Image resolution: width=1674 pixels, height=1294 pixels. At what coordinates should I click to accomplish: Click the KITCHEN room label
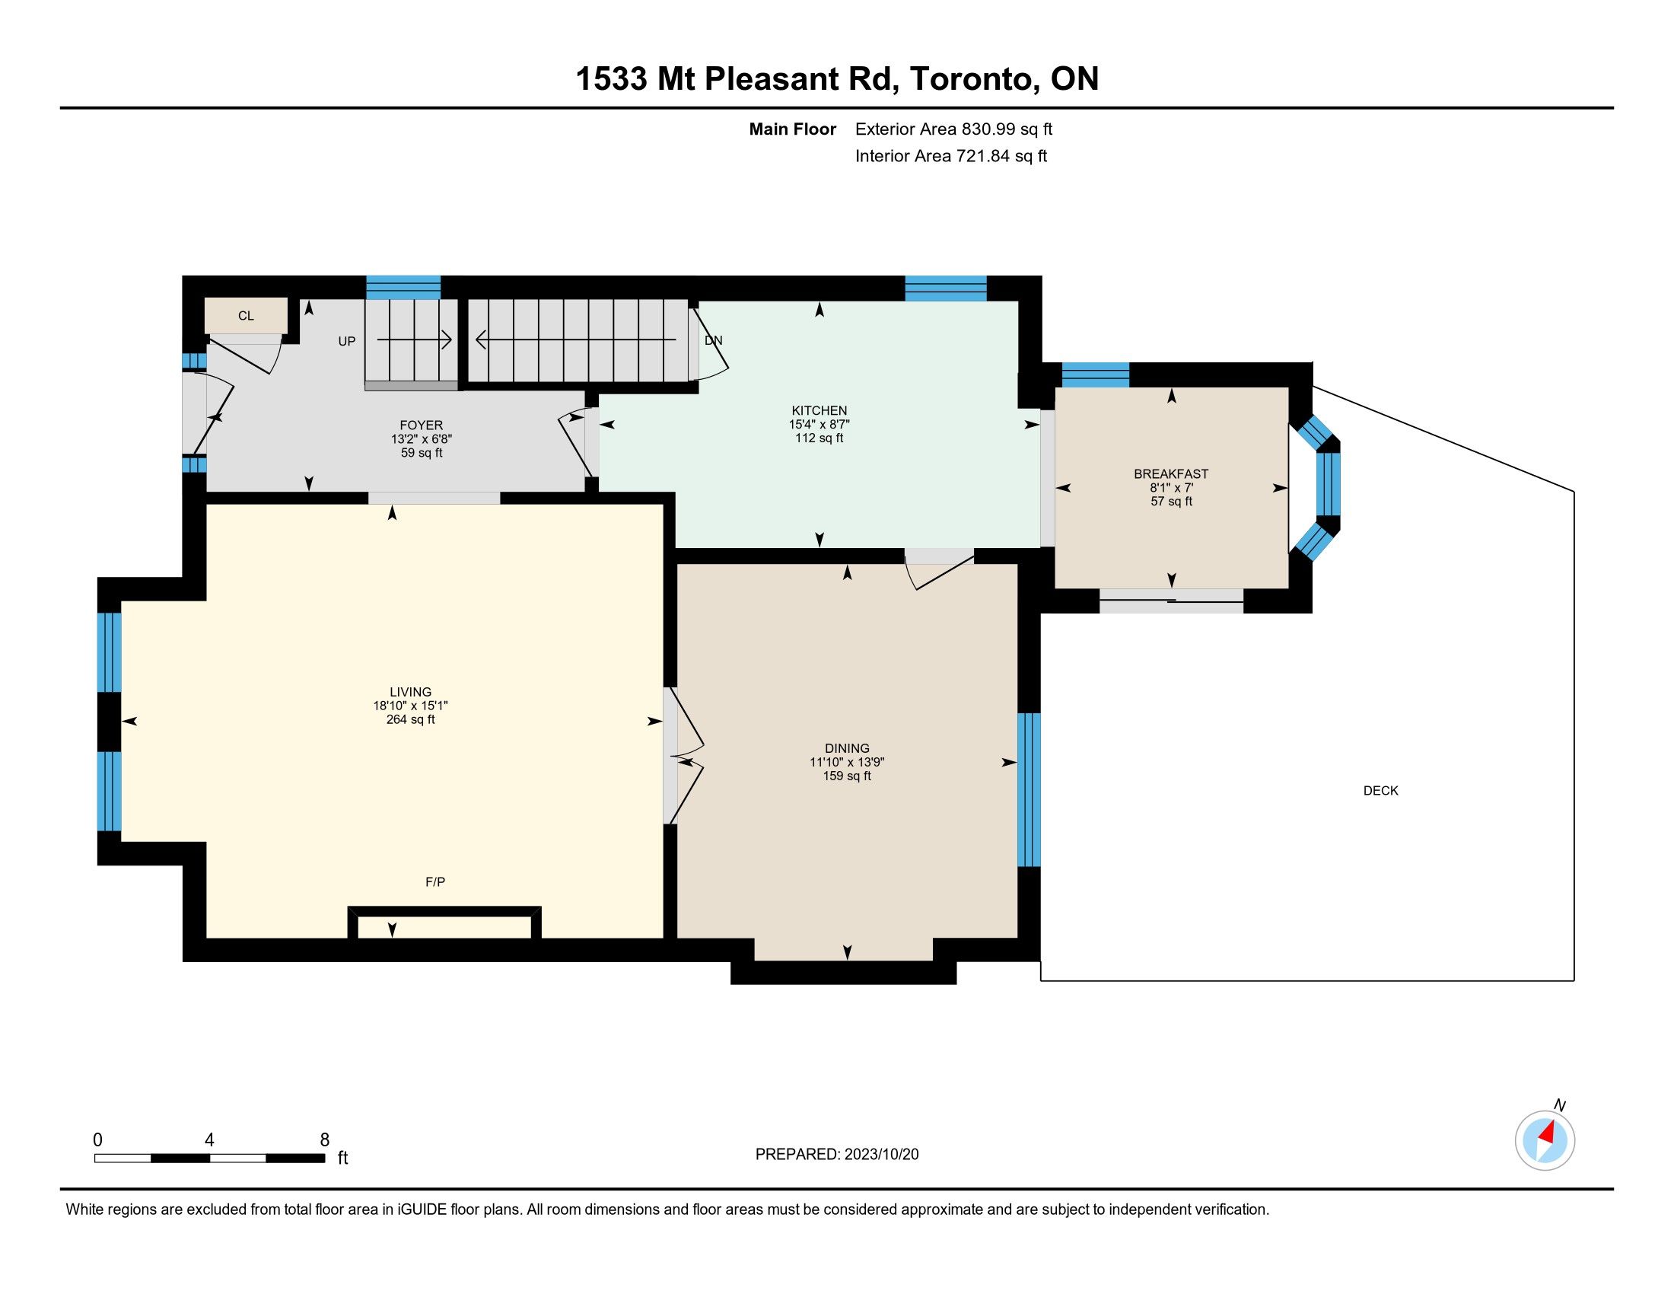819,411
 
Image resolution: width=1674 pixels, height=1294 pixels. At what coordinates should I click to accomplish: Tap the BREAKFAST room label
1171,474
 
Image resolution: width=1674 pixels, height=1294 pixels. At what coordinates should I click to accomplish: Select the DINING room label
847,749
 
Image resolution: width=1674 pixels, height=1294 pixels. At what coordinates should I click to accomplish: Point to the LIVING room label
411,692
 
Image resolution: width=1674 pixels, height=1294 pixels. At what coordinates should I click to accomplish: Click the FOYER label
422,425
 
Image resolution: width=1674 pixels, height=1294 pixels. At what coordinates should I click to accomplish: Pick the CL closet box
246,316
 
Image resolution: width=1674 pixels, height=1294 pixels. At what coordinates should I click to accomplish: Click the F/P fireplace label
435,882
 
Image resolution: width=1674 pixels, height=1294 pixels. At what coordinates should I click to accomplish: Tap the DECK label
1381,791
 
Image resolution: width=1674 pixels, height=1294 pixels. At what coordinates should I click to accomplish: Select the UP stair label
347,342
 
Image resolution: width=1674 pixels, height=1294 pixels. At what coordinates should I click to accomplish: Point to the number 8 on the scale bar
325,1140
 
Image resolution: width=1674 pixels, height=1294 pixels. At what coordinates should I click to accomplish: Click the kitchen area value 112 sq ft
819,438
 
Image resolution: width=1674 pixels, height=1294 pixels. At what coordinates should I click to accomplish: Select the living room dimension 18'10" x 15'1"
411,706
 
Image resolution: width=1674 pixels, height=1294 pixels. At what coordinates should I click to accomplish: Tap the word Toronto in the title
970,79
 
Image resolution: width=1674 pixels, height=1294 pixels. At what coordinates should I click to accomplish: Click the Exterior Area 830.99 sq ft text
953,129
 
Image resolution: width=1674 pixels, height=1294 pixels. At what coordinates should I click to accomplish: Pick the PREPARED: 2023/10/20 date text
837,1155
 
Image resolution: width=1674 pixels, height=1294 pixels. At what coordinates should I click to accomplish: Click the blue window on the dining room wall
1029,789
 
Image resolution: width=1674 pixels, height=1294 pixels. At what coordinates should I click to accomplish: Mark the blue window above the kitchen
946,288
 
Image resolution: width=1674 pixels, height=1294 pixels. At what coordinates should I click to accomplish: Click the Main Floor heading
793,129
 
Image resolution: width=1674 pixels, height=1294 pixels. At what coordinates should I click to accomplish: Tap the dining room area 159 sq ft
847,776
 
